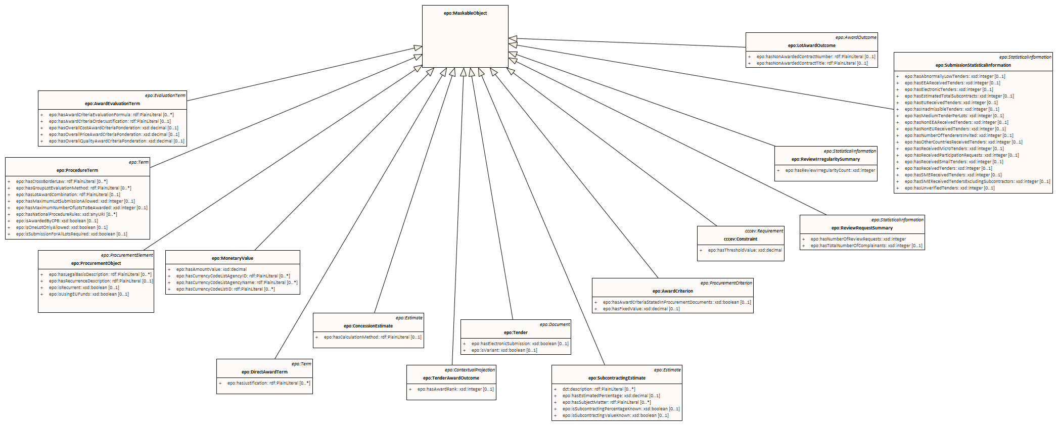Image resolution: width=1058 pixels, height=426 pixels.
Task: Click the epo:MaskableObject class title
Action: [465, 13]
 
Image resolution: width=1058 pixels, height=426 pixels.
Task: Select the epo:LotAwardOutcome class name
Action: [811, 45]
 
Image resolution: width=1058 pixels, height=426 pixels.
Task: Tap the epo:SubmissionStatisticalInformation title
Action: [973, 65]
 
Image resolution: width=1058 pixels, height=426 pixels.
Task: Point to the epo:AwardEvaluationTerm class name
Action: [112, 104]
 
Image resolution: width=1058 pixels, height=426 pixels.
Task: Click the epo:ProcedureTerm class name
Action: [77, 170]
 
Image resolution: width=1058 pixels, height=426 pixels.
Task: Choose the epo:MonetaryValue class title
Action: [233, 258]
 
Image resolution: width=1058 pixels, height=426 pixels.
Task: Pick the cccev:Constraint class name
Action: [740, 239]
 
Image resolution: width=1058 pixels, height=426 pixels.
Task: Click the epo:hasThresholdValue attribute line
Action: [744, 250]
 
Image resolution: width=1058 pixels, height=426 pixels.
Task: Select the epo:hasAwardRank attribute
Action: [455, 389]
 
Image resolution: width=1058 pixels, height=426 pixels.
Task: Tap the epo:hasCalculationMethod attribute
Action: [372, 337]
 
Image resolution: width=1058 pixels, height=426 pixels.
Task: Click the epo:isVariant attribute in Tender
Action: [504, 350]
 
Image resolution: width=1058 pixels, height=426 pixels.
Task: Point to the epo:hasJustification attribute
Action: [268, 383]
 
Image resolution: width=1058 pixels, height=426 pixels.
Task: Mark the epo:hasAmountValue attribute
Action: [211, 269]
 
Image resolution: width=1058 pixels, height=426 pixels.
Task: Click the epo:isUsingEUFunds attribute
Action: [88, 294]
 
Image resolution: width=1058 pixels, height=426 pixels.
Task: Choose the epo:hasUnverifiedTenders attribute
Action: [949, 188]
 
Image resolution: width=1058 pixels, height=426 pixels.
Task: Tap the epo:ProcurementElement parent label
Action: [126, 255]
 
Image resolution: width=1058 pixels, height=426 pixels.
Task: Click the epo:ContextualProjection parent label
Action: [470, 370]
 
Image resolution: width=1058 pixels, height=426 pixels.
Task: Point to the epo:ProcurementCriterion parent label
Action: [726, 283]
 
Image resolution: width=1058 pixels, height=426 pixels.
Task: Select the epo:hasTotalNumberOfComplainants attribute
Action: [866, 246]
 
